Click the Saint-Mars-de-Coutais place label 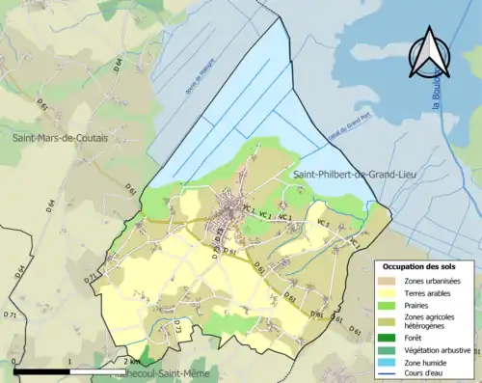coord(60,138)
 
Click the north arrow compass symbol coord(429,53)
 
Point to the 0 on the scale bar coord(15,362)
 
